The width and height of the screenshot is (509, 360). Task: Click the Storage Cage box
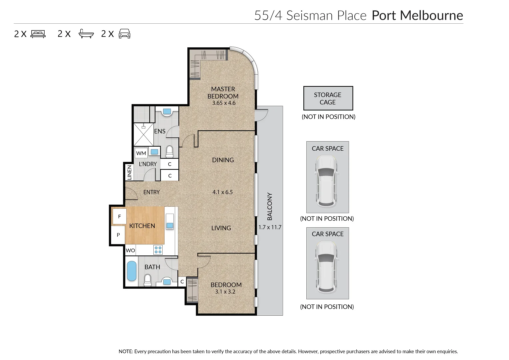click(x=328, y=98)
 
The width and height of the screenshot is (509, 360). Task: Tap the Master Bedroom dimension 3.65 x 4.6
click(x=224, y=103)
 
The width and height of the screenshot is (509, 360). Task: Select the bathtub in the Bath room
click(x=132, y=271)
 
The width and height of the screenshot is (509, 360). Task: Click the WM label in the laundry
click(x=141, y=153)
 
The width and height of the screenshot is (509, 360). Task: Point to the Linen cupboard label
click(x=129, y=173)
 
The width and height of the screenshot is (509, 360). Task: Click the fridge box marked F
click(x=119, y=217)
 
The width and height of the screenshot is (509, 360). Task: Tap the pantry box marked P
click(x=118, y=235)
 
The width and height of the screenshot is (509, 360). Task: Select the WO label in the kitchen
click(x=130, y=251)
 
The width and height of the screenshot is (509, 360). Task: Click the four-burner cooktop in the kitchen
click(x=158, y=250)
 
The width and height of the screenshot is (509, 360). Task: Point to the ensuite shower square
click(x=143, y=135)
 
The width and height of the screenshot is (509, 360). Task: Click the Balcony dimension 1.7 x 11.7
click(x=270, y=227)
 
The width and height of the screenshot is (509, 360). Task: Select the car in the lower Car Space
click(x=327, y=266)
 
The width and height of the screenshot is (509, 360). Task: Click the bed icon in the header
click(x=38, y=34)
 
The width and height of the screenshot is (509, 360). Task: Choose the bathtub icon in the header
click(x=86, y=34)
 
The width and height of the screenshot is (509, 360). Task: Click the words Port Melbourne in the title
click(x=417, y=15)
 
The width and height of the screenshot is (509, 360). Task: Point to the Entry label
click(x=151, y=192)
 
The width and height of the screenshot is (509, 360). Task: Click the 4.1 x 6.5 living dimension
click(x=222, y=192)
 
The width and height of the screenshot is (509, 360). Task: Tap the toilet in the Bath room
click(x=148, y=280)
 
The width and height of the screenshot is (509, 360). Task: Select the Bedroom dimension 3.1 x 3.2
click(x=225, y=292)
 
